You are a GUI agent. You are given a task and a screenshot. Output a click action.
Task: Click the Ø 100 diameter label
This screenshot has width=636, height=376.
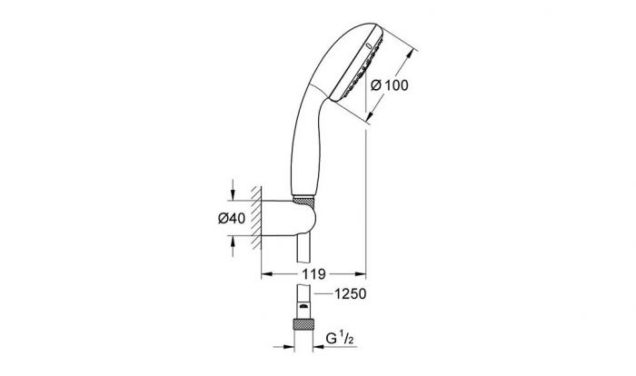click(390, 85)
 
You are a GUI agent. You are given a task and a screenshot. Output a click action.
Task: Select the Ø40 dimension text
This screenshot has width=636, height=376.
click(232, 218)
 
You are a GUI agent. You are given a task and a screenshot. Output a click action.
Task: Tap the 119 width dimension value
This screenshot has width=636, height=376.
click(313, 274)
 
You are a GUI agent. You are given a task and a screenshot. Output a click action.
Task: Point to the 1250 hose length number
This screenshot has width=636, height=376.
click(350, 293)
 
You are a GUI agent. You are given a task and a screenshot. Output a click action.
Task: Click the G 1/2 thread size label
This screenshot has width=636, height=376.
click(340, 339)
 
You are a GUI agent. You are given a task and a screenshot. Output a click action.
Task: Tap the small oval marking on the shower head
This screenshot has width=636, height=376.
click(369, 46)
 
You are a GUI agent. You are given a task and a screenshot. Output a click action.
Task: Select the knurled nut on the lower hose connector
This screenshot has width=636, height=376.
click(303, 324)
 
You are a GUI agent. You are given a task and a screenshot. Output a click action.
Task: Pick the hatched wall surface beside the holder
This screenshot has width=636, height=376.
click(256, 217)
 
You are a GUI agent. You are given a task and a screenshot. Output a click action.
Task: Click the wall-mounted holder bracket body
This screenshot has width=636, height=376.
click(288, 218)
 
